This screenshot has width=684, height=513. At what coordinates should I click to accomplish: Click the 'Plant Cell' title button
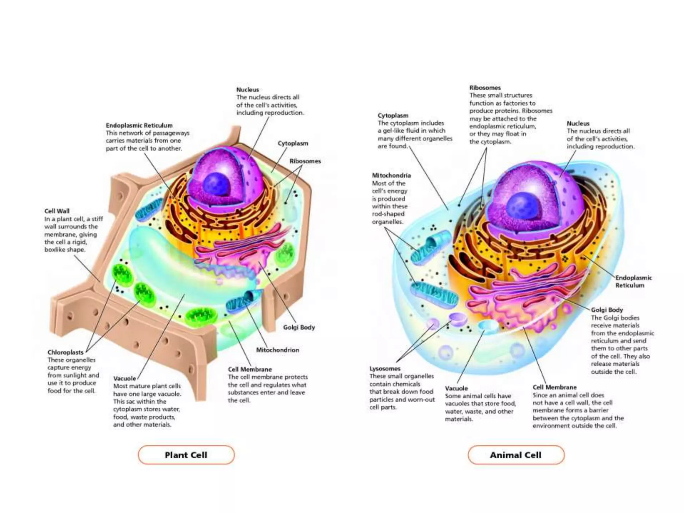pyautogui.click(x=186, y=455)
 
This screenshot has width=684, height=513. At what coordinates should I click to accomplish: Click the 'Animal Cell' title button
pyautogui.click(x=516, y=455)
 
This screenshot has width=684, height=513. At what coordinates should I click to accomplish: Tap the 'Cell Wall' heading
pyautogui.click(x=57, y=211)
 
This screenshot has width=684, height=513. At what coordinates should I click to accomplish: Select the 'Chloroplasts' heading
pyautogui.click(x=65, y=352)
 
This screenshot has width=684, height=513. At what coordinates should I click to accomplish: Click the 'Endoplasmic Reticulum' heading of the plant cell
pyautogui.click(x=139, y=126)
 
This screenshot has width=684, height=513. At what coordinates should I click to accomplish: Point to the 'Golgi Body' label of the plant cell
pyautogui.click(x=299, y=327)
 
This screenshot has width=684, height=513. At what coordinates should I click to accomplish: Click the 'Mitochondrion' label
pyautogui.click(x=278, y=350)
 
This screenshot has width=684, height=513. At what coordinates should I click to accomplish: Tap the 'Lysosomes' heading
pyautogui.click(x=385, y=369)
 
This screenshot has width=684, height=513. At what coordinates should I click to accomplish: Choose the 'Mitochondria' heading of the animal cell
pyautogui.click(x=391, y=175)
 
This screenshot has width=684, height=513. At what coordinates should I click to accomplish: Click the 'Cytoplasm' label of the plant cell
pyautogui.click(x=293, y=143)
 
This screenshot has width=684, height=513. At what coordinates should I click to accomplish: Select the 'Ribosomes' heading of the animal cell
pyautogui.click(x=485, y=88)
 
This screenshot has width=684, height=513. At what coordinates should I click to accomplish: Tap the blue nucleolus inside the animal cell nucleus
pyautogui.click(x=521, y=206)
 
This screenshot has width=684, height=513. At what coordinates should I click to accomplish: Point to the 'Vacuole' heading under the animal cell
pyautogui.click(x=456, y=388)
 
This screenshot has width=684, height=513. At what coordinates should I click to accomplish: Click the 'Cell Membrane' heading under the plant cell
pyautogui.click(x=250, y=369)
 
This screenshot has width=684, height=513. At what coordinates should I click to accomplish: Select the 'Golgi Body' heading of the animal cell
pyautogui.click(x=607, y=310)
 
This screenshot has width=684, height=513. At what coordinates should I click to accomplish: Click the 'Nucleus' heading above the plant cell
pyautogui.click(x=247, y=90)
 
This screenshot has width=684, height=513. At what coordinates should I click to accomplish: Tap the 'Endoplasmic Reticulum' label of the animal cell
pyautogui.click(x=633, y=282)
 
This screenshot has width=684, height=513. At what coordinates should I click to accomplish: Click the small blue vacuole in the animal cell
pyautogui.click(x=488, y=326)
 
